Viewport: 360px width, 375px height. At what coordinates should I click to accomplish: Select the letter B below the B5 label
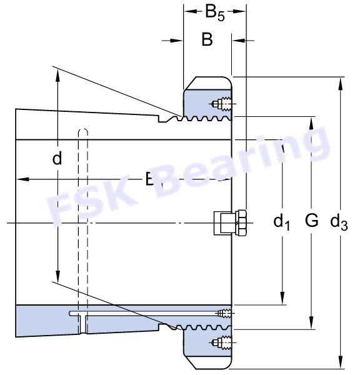click(207, 40)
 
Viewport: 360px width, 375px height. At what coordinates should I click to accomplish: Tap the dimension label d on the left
click(57, 159)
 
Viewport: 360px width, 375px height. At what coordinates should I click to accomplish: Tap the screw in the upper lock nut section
click(221, 103)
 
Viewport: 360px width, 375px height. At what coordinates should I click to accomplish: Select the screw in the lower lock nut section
click(221, 341)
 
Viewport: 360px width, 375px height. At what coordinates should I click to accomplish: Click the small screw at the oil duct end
click(224, 312)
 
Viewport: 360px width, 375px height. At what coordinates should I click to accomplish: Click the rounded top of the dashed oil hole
click(82, 131)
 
